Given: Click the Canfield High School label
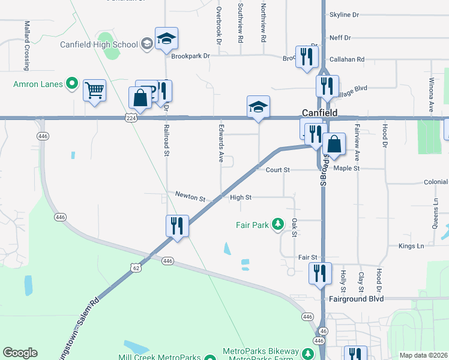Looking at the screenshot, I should (x=100, y=44).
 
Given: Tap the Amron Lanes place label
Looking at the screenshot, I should (x=38, y=84).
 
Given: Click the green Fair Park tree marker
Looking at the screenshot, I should (x=277, y=225).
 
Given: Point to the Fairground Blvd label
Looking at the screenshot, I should (x=356, y=298).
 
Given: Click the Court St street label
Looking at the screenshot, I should (x=277, y=170).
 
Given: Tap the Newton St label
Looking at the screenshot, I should (x=190, y=196).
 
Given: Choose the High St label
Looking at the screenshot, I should (x=240, y=197).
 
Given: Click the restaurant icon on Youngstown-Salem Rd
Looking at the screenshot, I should (x=177, y=226).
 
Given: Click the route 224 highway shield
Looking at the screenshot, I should (x=131, y=119).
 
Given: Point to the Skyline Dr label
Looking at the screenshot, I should (x=344, y=14).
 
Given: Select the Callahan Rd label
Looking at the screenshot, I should (x=352, y=59).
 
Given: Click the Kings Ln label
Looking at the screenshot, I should (x=411, y=246).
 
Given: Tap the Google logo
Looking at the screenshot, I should (x=20, y=353).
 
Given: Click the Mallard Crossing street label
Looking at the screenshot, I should (x=27, y=37).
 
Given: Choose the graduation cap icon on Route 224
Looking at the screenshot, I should (x=258, y=107).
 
